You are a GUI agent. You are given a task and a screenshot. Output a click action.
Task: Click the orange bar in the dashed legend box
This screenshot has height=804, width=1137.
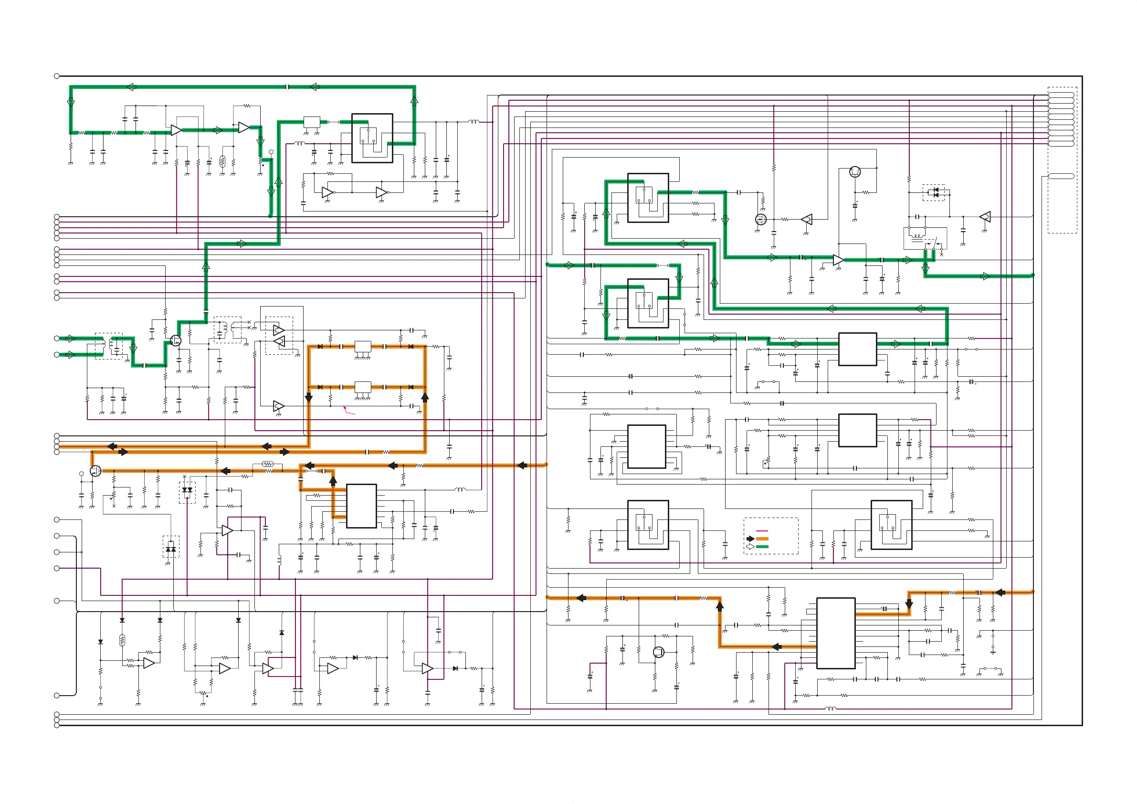click(762, 539)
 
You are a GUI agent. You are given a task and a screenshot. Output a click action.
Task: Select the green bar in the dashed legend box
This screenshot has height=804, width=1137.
click(762, 546)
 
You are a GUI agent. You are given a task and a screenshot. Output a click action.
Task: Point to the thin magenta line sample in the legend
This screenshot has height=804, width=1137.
click(762, 531)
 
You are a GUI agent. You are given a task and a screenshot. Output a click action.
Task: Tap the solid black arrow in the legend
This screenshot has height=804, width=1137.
click(750, 539)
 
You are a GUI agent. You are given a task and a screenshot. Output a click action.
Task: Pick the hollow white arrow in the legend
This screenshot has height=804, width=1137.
click(750, 546)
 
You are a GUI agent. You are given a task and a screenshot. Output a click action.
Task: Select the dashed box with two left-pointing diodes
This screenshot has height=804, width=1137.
click(934, 192)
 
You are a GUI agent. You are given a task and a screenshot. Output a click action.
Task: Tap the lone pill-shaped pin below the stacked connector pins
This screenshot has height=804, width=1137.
click(1061, 176)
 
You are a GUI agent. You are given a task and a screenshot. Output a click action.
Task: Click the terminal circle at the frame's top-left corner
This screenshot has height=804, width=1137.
click(57, 76)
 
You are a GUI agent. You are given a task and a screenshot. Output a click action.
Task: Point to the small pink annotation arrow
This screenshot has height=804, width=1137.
click(348, 411)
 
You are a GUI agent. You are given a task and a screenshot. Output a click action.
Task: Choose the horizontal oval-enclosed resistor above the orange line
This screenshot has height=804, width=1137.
click(267, 464)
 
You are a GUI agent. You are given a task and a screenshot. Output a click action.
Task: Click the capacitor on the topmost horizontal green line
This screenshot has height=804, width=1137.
click(288, 87)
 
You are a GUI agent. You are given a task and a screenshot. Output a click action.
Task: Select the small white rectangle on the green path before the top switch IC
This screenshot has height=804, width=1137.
click(312, 122)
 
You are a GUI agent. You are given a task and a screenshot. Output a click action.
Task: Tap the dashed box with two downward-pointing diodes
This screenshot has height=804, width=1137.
click(187, 492)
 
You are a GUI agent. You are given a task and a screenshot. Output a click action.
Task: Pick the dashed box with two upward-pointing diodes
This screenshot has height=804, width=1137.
click(171, 547)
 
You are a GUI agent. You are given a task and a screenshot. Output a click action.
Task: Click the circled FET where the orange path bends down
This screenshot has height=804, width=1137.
click(95, 471)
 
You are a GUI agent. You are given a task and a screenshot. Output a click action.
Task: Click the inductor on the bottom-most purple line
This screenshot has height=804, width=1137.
click(831, 709)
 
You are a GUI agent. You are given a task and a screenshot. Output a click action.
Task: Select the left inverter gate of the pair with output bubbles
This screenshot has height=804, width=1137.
click(327, 192)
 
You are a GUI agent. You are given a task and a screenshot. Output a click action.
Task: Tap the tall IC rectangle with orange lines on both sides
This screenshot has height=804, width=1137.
click(835, 633)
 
